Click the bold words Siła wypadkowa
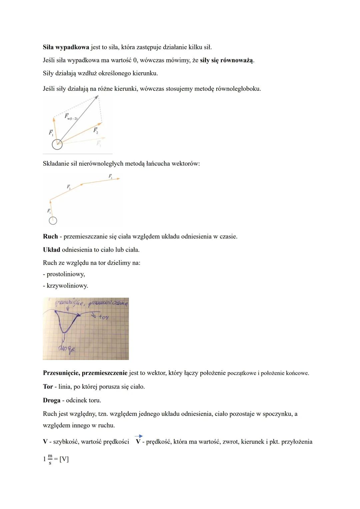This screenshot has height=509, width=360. (66, 47)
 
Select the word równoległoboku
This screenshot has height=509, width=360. (238, 89)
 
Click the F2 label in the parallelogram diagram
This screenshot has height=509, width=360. (96, 130)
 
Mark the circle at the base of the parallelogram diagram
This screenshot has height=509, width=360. (57, 144)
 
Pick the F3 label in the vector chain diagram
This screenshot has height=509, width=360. (110, 176)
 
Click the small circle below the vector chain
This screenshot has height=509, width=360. (53, 220)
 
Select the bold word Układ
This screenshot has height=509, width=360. (52, 250)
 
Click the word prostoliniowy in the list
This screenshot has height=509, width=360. (66, 274)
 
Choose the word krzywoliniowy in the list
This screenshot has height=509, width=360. (67, 286)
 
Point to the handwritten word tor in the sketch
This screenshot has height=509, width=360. (104, 317)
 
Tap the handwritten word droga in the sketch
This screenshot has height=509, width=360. (66, 349)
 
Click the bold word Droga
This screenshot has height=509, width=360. (52, 400)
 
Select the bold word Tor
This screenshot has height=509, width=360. (48, 387)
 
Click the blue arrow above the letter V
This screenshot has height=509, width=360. (139, 436)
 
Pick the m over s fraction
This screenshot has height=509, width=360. (50, 459)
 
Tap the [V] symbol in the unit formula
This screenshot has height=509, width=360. (64, 459)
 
